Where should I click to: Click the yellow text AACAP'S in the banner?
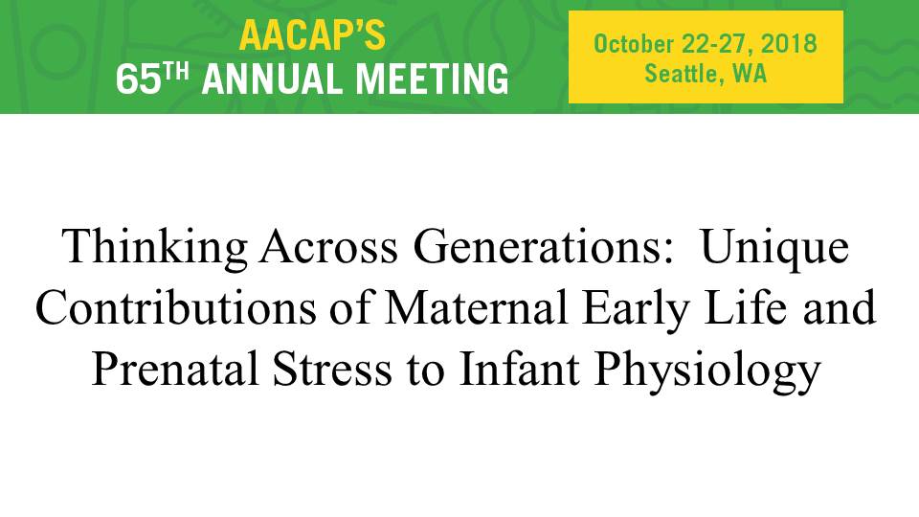coord(312,35)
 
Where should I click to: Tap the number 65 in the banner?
coord(138,79)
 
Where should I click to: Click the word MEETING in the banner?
coord(433,79)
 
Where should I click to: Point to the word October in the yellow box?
coord(634,44)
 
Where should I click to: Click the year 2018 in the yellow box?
coord(789,44)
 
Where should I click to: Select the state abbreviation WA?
coord(750,74)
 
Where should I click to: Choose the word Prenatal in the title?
coord(175,369)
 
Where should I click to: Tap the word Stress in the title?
coord(332,369)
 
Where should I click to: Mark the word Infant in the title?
coord(519,369)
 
